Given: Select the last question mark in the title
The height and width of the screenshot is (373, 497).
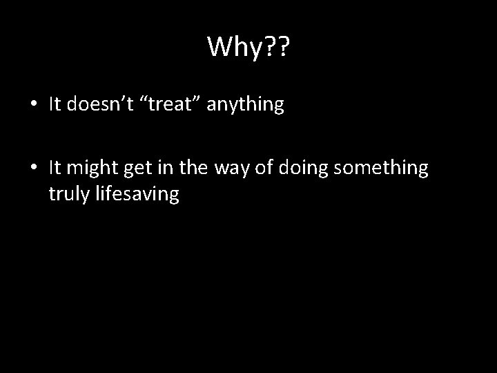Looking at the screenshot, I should click(x=282, y=47).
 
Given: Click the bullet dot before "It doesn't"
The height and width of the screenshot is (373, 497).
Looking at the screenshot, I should click(x=34, y=105).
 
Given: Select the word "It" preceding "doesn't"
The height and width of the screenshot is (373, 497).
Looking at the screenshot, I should click(x=55, y=104).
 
